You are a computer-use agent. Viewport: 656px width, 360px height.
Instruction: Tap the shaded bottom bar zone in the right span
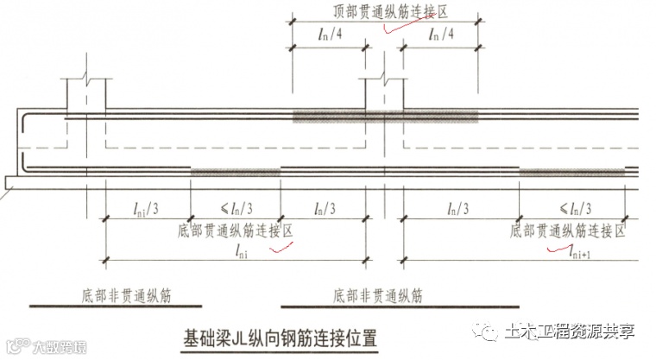[571, 172]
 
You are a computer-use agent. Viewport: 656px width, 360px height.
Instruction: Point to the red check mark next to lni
[281, 249]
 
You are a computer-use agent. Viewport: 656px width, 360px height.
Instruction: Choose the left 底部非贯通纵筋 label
[117, 295]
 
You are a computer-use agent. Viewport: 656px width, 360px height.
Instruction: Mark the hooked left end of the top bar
[28, 119]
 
